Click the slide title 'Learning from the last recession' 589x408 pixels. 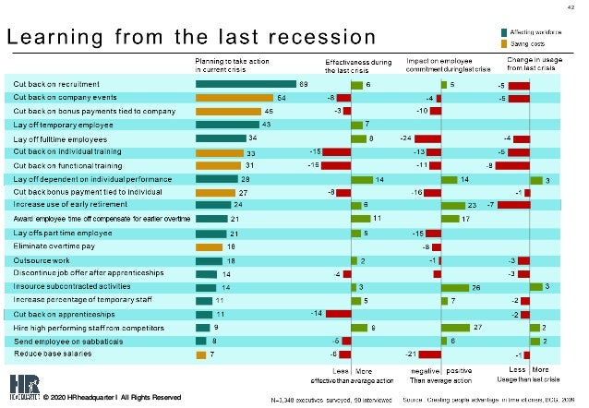point(191,38)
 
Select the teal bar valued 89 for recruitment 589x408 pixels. point(246,84)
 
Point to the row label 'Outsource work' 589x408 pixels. point(38,261)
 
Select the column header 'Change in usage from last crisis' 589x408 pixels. point(530,64)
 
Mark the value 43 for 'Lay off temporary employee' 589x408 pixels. point(267,124)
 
